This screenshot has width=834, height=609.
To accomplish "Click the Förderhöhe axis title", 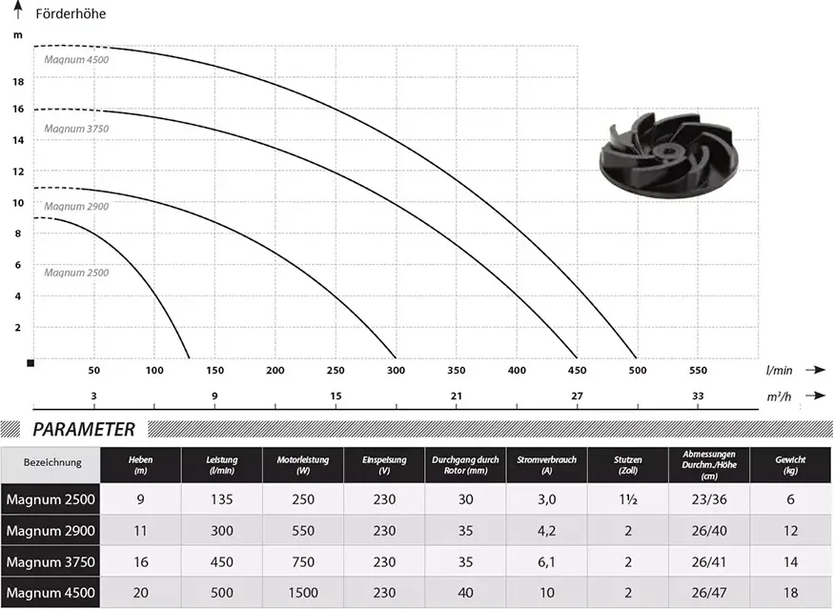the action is [x=71, y=14].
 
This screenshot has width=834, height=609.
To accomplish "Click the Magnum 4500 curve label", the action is [x=76, y=60].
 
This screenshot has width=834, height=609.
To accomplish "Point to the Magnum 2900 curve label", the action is [x=76, y=207].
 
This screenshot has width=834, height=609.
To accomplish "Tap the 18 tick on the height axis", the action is [x=18, y=82].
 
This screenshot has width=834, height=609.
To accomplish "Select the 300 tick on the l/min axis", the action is [x=396, y=370].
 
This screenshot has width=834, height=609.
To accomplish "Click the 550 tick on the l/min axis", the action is [x=698, y=370].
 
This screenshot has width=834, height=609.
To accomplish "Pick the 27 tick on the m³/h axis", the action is [x=577, y=396].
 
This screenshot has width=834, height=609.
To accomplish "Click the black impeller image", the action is [x=665, y=153].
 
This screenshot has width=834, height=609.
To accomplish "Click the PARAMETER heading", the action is [x=84, y=429].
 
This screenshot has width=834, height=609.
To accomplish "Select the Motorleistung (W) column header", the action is [x=303, y=465].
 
